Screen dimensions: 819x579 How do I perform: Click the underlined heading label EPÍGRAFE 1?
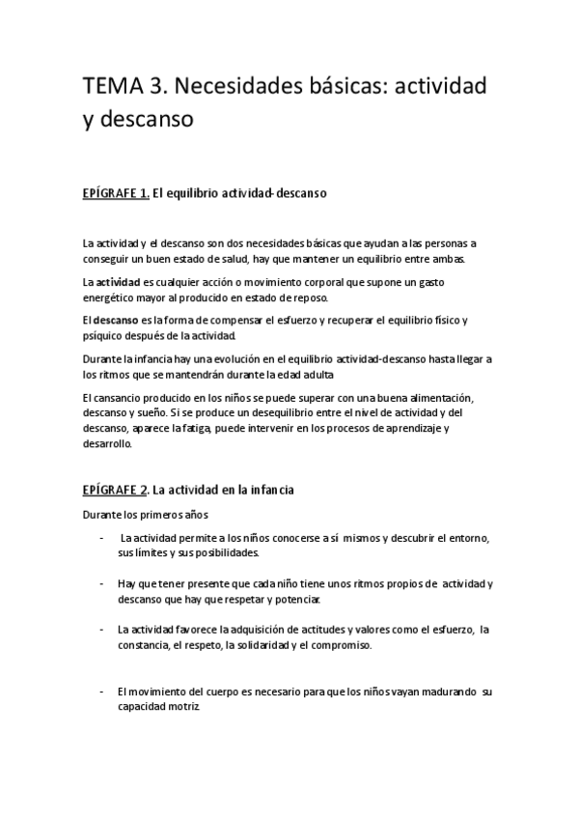click(x=115, y=193)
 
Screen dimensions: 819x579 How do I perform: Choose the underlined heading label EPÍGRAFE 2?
click(x=115, y=491)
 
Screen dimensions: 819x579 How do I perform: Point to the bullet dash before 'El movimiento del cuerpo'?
click(x=102, y=692)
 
